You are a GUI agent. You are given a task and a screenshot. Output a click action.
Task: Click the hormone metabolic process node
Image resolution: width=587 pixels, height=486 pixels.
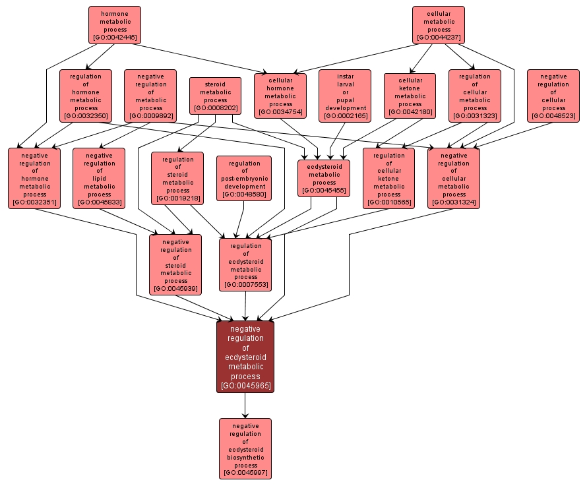pyautogui.click(x=115, y=25)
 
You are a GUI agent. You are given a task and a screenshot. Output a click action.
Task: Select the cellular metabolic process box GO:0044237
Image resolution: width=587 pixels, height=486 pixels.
pyautogui.click(x=439, y=25)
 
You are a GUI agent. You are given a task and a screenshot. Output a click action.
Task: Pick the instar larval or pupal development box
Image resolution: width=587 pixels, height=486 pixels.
pyautogui.click(x=345, y=96)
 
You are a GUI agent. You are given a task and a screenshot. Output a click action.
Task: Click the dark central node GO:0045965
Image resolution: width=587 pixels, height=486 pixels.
pyautogui.click(x=245, y=357)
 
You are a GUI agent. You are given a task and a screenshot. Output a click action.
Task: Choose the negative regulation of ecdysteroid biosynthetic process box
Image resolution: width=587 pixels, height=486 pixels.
pyautogui.click(x=245, y=448)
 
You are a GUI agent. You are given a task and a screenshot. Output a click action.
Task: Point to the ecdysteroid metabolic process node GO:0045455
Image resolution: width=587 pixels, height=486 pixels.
pyautogui.click(x=324, y=178)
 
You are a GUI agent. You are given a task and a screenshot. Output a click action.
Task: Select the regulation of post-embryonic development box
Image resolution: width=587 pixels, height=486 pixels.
pyautogui.click(x=244, y=178)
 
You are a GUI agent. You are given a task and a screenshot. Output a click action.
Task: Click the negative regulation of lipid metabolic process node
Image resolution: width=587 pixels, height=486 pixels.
pyautogui.click(x=99, y=178)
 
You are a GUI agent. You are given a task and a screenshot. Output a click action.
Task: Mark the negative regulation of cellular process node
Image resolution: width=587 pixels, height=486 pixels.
pyautogui.click(x=553, y=96)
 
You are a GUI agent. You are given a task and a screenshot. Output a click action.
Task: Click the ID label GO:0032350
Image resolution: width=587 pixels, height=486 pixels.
pyautogui.click(x=86, y=116)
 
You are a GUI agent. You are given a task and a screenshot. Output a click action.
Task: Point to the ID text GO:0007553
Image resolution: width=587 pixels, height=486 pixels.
pyautogui.click(x=245, y=285)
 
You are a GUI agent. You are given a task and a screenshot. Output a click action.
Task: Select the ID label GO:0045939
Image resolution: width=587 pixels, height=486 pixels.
pyautogui.click(x=175, y=289)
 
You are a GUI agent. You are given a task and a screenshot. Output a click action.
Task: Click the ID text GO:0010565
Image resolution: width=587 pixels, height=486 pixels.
pyautogui.click(x=388, y=202)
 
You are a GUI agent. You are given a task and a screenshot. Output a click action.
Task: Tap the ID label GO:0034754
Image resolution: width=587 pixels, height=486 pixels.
pyautogui.click(x=280, y=112)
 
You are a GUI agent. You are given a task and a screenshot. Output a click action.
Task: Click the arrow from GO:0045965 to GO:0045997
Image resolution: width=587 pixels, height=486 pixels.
pyautogui.click(x=245, y=406)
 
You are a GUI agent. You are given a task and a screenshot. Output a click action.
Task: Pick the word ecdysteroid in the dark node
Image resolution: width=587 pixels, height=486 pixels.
pyautogui.click(x=245, y=357)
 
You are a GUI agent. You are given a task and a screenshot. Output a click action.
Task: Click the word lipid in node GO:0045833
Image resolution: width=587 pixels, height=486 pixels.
pyautogui.click(x=99, y=179)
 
